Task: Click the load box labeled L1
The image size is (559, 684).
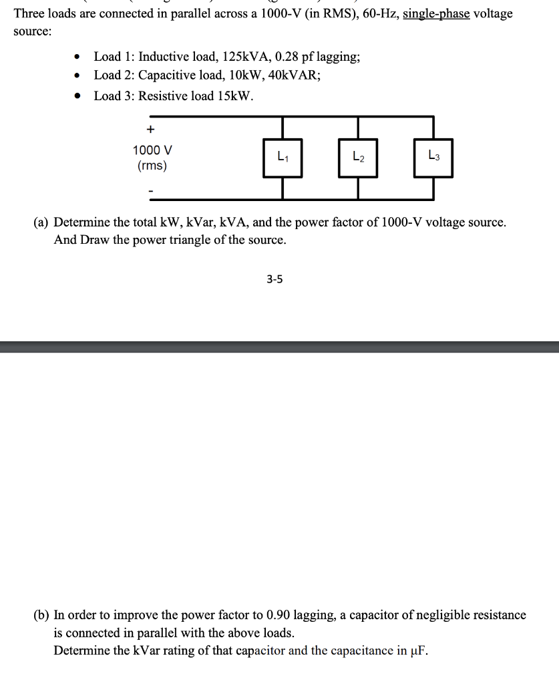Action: coord(283,158)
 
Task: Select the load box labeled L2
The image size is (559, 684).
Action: coord(358,158)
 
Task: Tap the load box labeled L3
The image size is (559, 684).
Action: coord(433,158)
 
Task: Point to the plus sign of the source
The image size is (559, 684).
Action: coord(151,129)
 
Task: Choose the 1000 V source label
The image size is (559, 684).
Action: coord(152,150)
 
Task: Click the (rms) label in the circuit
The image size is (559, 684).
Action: coord(152,166)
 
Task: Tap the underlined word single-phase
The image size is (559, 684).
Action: coord(436,13)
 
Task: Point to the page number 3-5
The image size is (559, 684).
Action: coord(274,280)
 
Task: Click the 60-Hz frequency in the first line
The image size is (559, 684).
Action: coord(379,13)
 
